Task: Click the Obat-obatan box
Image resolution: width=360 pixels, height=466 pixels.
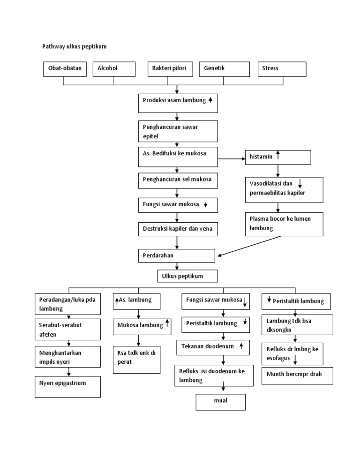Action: [64, 68]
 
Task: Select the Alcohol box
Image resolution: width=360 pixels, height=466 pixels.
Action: [113, 68]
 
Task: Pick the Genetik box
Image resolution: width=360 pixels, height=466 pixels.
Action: [223, 68]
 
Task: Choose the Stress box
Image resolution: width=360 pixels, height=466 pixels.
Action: [282, 68]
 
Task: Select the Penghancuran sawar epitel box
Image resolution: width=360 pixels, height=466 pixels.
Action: [178, 131]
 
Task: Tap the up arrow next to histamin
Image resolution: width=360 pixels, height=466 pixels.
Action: [278, 155]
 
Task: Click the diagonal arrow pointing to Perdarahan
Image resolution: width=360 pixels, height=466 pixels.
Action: [248, 246]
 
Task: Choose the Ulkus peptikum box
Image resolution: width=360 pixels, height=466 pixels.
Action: [187, 276]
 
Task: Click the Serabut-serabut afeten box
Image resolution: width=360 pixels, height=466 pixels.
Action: [67, 329]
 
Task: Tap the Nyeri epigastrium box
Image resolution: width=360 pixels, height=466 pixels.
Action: [67, 386]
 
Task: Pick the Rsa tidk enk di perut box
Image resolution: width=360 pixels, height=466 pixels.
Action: [136, 360]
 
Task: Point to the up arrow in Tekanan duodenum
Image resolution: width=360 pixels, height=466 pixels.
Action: [241, 346]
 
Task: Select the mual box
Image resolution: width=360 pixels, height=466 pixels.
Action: [220, 402]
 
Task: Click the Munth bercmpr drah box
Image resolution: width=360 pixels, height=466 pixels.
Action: [297, 376]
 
